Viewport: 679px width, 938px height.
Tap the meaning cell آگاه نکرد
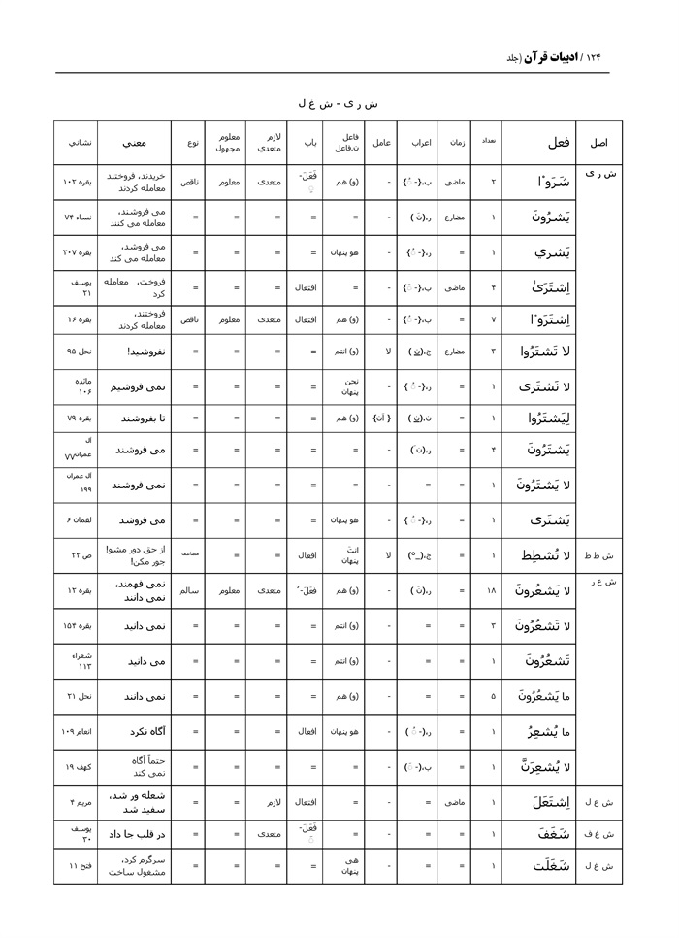tap(136, 731)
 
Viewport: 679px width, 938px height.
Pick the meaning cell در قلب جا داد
tap(136, 833)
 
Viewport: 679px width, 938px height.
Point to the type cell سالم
tap(191, 590)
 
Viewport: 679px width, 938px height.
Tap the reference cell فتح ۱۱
tap(76, 869)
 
